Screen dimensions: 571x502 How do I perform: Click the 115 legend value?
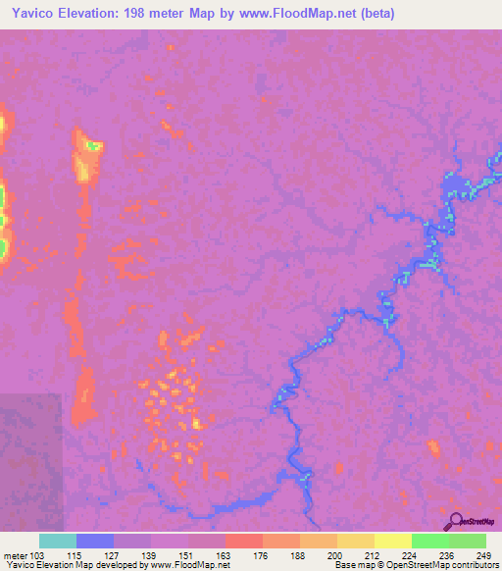pos(76,554)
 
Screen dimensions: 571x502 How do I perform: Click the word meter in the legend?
pos(16,554)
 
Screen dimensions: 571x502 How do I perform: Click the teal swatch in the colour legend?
pos(58,541)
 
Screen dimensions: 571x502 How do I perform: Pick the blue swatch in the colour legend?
pos(95,541)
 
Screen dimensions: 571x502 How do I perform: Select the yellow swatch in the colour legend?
pos(392,541)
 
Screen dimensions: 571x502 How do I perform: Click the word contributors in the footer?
pos(473,565)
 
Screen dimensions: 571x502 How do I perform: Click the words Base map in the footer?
pos(352,565)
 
